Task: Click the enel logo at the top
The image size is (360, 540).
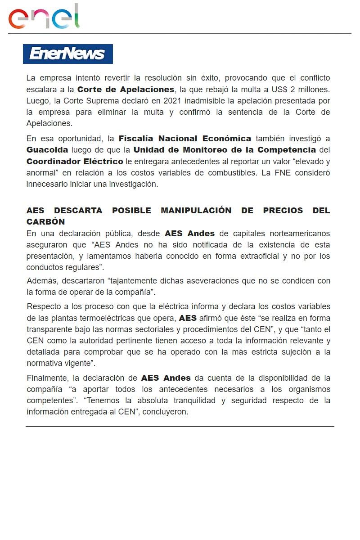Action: [44, 17]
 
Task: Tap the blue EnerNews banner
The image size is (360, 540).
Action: [67, 54]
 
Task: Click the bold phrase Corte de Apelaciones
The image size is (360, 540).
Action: [126, 89]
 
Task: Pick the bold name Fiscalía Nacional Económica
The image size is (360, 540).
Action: [184, 138]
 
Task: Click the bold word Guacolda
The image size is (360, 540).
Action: [47, 149]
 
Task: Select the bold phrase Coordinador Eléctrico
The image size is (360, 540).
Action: [75, 161]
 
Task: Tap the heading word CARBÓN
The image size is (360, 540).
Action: [45, 222]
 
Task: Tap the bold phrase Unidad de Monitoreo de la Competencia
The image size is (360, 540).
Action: [225, 149]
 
